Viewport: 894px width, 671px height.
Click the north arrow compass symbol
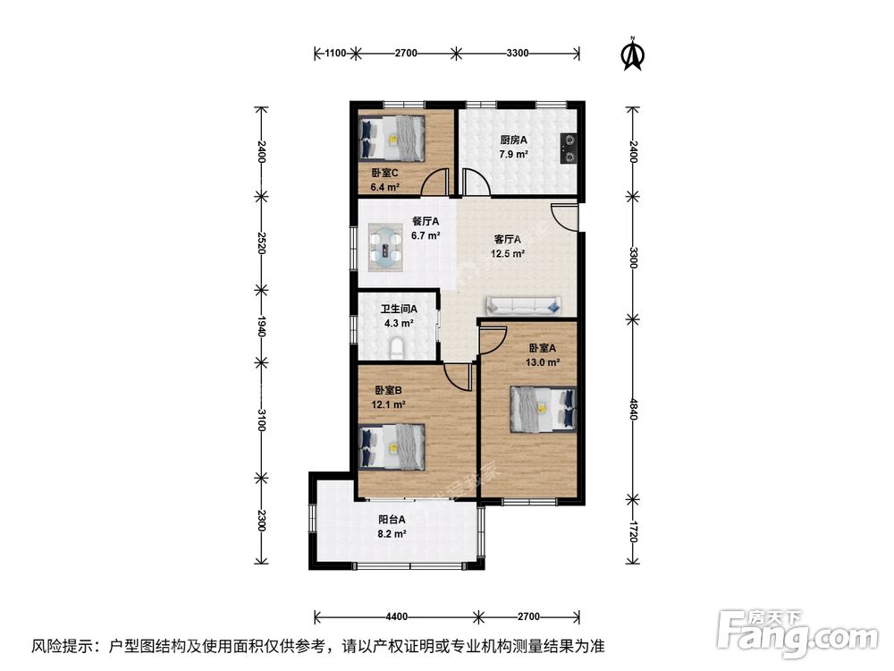tap(632, 54)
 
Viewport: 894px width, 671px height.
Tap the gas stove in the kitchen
tap(569, 149)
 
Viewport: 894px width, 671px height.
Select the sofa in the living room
tap(523, 305)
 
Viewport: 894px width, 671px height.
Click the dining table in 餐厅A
tap(385, 248)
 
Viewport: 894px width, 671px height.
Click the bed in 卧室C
tap(392, 138)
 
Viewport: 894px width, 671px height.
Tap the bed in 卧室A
tap(544, 409)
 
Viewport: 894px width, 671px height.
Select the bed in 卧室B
tap(392, 446)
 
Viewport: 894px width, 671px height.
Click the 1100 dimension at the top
tap(335, 53)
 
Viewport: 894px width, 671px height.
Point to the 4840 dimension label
tap(633, 409)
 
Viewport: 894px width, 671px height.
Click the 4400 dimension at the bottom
tap(396, 616)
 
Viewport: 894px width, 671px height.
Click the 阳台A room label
tap(392, 520)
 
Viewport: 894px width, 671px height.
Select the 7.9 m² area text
tap(513, 154)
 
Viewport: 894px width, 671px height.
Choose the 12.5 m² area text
tap(508, 254)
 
